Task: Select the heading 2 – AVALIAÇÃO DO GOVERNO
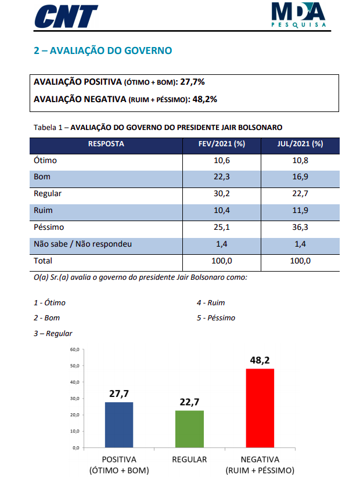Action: click(103, 51)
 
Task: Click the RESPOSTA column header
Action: click(106, 144)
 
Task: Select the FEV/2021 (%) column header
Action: click(222, 144)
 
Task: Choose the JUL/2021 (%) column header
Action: click(300, 144)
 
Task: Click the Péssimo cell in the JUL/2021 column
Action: click(300, 227)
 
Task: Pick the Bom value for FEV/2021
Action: click(222, 177)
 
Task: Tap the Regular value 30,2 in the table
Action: click(222, 194)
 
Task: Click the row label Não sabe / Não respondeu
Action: click(83, 244)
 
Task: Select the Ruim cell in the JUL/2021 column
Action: click(300, 210)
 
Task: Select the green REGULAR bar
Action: click(189, 429)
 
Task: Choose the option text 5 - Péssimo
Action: click(215, 318)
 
